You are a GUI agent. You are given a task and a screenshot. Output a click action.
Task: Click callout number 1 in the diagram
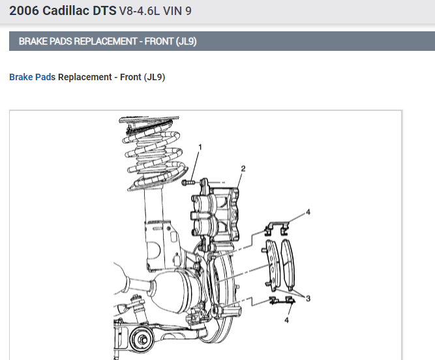click(200, 147)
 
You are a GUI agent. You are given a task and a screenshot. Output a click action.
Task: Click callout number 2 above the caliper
click(243, 169)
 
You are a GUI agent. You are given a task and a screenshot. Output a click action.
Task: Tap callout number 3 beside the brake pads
click(308, 299)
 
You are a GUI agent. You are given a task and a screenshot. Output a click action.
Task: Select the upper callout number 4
click(308, 212)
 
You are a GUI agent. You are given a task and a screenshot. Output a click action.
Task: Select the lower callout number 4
click(286, 320)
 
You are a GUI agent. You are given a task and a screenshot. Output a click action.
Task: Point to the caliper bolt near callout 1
click(188, 183)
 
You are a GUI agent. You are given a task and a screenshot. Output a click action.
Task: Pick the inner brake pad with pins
click(271, 265)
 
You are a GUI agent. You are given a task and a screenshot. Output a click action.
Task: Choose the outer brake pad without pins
click(288, 265)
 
